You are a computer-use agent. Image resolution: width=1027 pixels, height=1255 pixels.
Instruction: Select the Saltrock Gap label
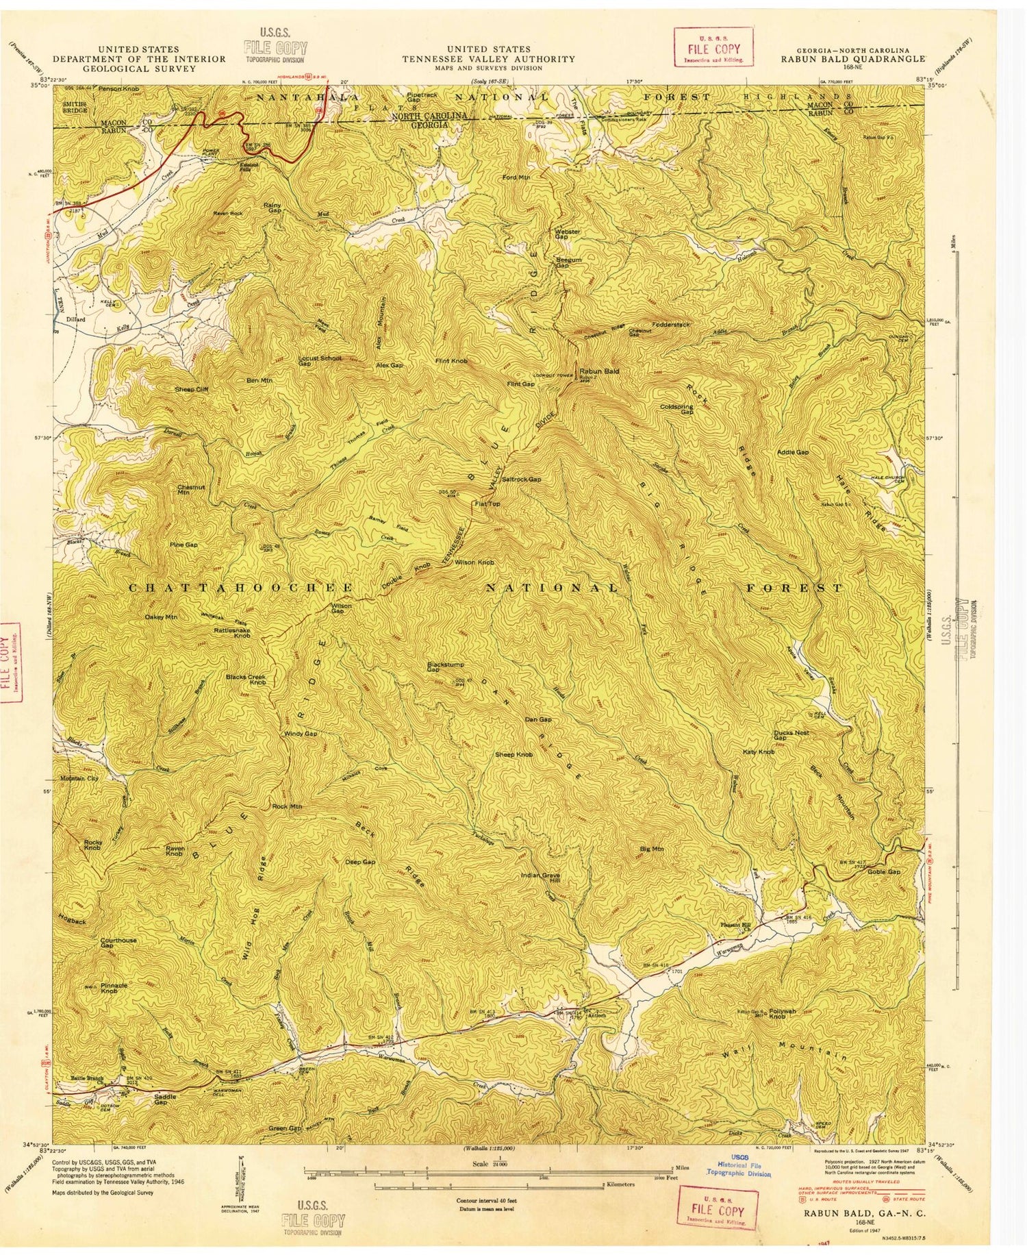(x=521, y=480)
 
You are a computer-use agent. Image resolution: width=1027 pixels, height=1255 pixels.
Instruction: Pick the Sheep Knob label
(x=513, y=755)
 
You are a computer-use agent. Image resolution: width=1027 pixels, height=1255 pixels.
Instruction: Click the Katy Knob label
(x=759, y=752)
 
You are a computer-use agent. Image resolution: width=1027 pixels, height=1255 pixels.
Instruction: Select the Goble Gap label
(x=884, y=871)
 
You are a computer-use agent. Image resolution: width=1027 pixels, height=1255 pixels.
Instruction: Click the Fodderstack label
(x=671, y=324)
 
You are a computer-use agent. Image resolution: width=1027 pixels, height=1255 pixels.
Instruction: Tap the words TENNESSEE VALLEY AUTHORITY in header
(x=488, y=59)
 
